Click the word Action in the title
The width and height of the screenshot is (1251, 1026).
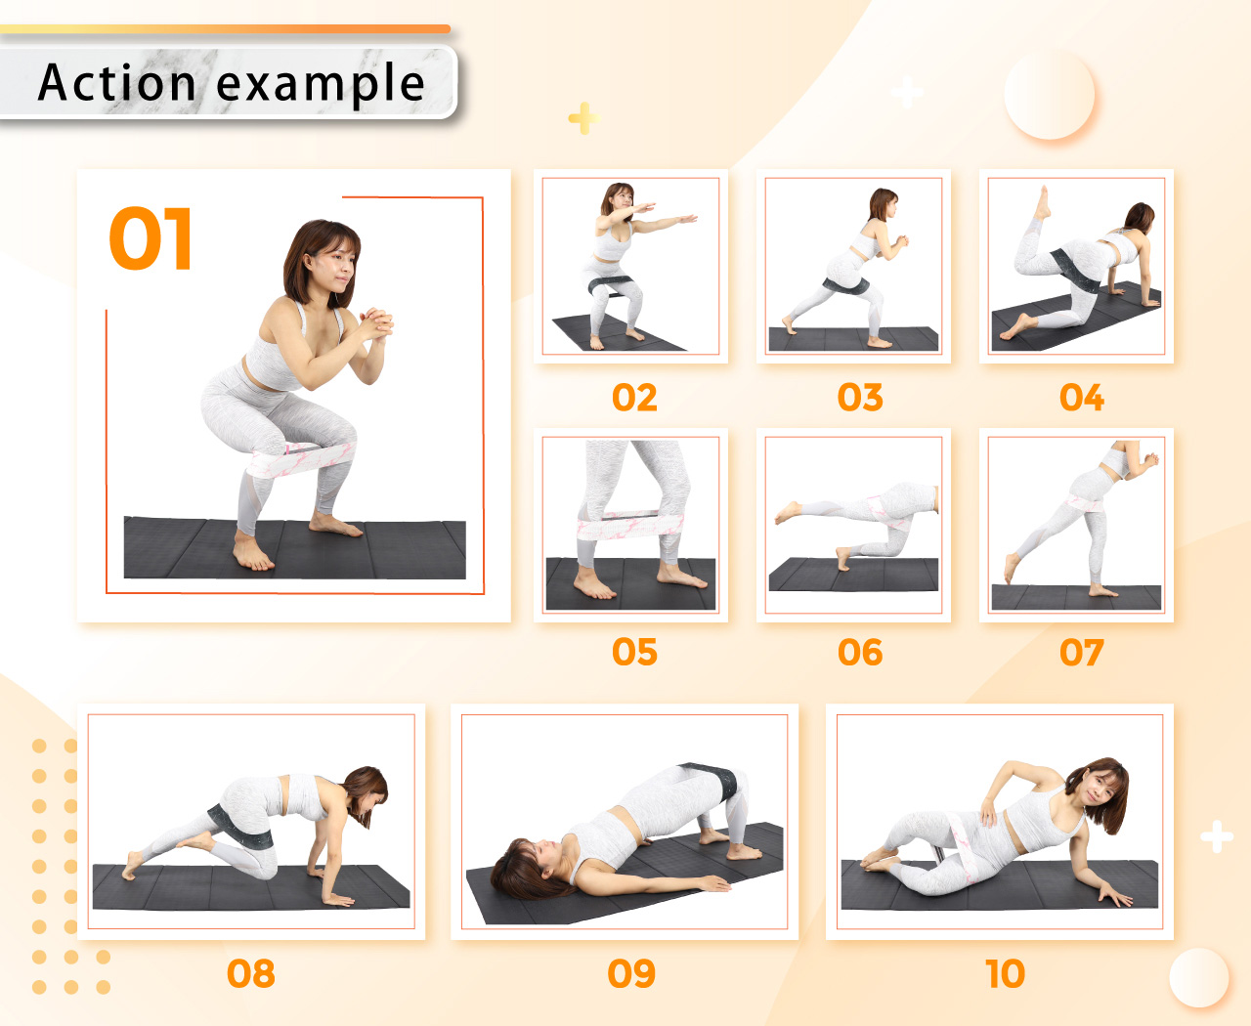click(117, 82)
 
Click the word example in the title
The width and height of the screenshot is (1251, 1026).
click(321, 85)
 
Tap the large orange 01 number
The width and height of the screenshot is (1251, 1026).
click(151, 238)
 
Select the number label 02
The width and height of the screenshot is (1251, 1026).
click(634, 398)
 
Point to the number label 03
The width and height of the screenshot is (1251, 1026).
click(859, 398)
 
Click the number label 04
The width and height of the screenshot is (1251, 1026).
click(1081, 398)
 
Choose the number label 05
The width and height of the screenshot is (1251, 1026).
click(634, 653)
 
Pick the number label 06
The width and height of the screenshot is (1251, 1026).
click(859, 653)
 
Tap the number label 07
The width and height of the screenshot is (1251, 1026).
click(1081, 653)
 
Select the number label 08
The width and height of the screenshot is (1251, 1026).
click(251, 974)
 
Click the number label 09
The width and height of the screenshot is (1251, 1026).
click(631, 974)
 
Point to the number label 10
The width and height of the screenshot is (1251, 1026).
click(1005, 974)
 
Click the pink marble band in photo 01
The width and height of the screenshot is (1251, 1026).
click(303, 458)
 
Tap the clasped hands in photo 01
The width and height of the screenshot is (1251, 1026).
click(376, 323)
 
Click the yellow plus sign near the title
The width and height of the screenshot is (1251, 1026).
click(584, 118)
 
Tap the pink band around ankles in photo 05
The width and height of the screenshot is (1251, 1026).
click(630, 525)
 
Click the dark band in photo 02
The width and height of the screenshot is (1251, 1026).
click(611, 285)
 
